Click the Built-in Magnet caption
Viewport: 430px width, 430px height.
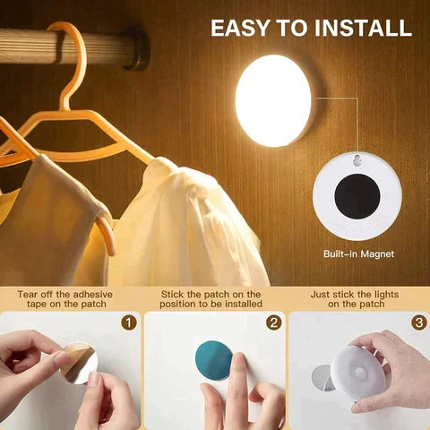[359, 254]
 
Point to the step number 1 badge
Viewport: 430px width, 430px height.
[128, 321]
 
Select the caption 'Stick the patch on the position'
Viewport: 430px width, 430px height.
[211, 298]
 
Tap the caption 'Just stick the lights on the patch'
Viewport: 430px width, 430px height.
[357, 298]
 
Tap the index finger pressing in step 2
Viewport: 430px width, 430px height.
[239, 372]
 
